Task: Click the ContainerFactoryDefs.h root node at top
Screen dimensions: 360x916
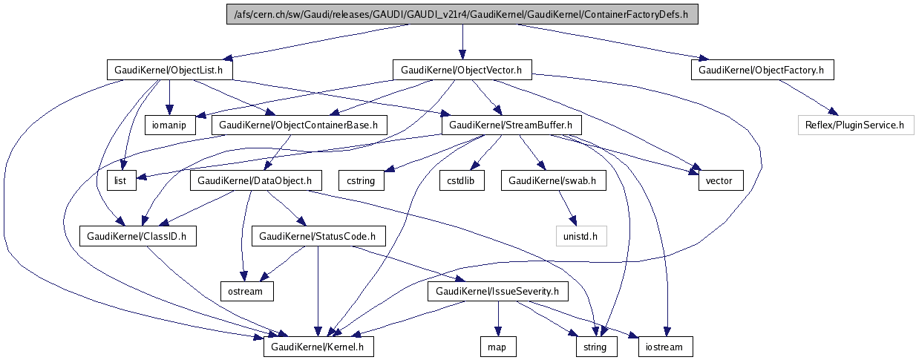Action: click(462, 15)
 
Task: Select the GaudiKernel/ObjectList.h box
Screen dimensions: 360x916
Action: click(169, 71)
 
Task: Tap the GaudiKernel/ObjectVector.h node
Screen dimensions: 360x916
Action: click(462, 71)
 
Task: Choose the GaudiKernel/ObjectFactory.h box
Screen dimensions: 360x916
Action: click(762, 71)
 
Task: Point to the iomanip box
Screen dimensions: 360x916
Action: click(169, 125)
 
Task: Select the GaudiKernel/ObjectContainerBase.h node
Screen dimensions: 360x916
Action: click(300, 125)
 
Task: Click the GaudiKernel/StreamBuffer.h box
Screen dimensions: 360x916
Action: click(511, 125)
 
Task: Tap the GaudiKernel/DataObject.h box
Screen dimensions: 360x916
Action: click(255, 180)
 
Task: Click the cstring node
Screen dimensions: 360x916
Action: click(362, 180)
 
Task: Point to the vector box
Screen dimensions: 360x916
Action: click(719, 180)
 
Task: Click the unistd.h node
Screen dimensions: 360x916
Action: click(581, 236)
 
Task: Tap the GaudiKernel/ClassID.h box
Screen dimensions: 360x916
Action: click(137, 236)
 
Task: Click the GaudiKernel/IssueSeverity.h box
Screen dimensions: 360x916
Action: click(498, 292)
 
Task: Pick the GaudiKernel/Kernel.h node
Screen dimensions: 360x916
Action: click(318, 347)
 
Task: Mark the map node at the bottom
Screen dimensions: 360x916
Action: click(497, 347)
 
